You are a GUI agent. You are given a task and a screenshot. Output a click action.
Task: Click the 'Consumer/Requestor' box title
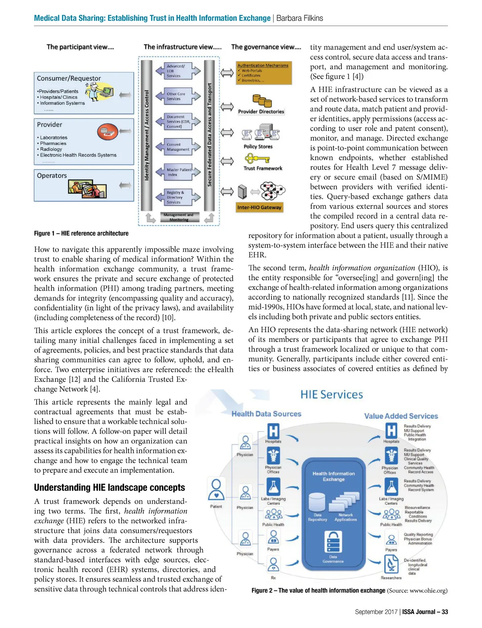click(x=69, y=78)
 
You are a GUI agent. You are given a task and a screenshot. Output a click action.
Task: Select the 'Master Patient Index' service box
click(x=179, y=172)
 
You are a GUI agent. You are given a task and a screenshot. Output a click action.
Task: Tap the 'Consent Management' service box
click(x=178, y=147)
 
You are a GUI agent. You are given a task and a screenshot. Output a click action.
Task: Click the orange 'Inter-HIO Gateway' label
click(x=259, y=207)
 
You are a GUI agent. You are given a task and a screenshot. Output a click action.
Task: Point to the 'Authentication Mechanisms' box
click(x=263, y=73)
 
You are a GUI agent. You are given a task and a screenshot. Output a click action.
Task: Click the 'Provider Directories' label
click(x=261, y=112)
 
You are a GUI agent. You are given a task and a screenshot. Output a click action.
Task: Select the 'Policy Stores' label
click(x=258, y=147)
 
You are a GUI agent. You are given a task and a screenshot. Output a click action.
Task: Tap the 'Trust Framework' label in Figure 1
click(x=263, y=168)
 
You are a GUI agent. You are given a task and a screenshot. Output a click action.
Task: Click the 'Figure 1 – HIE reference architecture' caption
click(x=81, y=233)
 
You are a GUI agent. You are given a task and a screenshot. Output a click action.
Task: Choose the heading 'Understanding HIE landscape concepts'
click(x=109, y=487)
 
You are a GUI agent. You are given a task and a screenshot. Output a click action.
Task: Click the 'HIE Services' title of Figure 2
click(x=331, y=395)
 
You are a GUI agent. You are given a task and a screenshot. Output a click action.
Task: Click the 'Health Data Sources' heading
click(x=266, y=414)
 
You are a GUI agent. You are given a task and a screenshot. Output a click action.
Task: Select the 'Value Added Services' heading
click(x=401, y=416)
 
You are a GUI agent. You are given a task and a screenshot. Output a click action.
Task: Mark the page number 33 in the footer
click(x=445, y=612)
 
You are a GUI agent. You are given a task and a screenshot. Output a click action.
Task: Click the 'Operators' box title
click(x=52, y=175)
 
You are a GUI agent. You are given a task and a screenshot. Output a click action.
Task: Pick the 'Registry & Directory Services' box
click(x=177, y=197)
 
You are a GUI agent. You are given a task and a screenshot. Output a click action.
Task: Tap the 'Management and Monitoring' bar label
click(x=179, y=217)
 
